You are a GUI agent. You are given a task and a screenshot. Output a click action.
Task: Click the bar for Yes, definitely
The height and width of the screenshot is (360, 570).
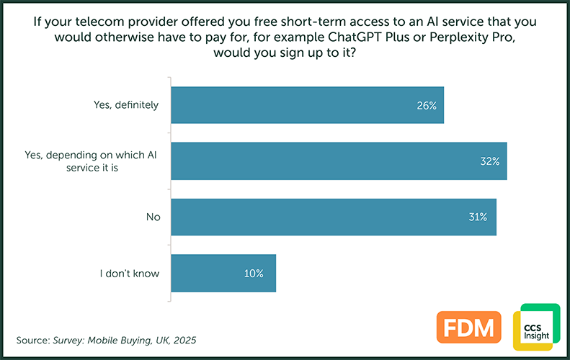coord(308,105)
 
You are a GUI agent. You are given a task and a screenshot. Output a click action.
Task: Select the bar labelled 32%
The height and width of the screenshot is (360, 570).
coord(339,161)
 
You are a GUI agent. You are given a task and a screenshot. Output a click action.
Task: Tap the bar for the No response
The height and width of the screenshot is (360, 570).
coord(334,217)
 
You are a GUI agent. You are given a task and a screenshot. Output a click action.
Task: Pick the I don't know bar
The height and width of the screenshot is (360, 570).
coord(224,273)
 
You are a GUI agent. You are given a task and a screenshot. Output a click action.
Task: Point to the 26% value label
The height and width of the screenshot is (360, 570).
coord(426,106)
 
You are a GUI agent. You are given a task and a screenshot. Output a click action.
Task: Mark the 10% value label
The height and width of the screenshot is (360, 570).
coord(253,274)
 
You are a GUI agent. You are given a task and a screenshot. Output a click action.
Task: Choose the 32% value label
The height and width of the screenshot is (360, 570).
coord(489,161)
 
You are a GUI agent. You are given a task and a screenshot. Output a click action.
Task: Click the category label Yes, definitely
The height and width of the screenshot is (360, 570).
coord(127,106)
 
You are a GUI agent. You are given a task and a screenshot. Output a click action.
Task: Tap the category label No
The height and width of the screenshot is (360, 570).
coord(152,217)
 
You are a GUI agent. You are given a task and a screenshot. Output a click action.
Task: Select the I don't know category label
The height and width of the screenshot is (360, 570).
coord(130,274)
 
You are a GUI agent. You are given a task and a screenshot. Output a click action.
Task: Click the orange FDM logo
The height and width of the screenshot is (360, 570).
coord(468,327)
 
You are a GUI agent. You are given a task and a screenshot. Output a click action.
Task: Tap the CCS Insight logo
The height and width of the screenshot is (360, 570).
coord(535,327)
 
